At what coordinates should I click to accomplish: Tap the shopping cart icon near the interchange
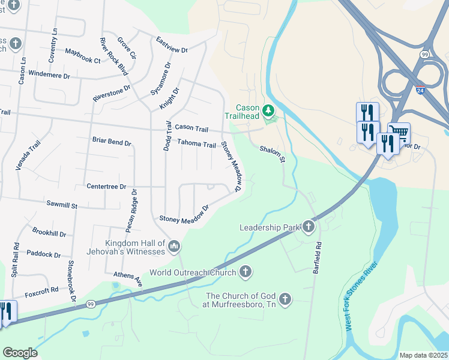click(x=399, y=131)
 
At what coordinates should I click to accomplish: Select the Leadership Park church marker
click(x=309, y=227)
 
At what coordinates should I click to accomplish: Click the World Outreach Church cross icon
click(x=244, y=272)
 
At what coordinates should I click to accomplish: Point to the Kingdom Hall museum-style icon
click(x=174, y=245)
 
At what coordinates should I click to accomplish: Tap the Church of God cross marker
click(x=285, y=298)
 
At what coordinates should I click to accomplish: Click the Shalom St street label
click(x=272, y=154)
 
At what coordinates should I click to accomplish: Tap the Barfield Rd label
click(x=318, y=258)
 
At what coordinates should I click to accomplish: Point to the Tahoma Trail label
click(x=196, y=144)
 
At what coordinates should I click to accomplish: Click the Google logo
click(x=19, y=353)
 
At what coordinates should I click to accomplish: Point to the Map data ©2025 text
click(x=423, y=355)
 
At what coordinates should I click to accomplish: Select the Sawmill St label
click(x=62, y=205)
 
